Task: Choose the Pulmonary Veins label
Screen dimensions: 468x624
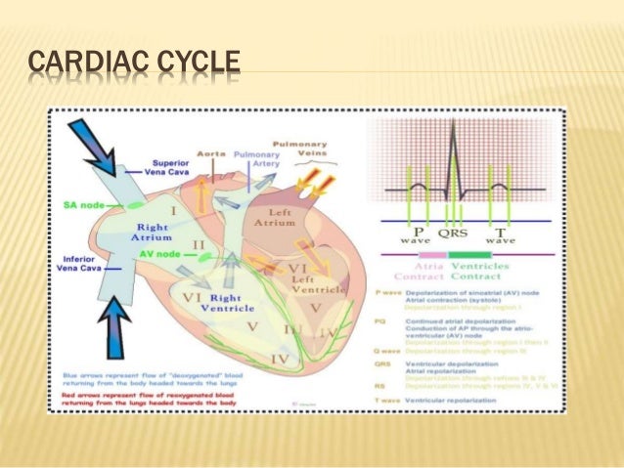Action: click(304, 149)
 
